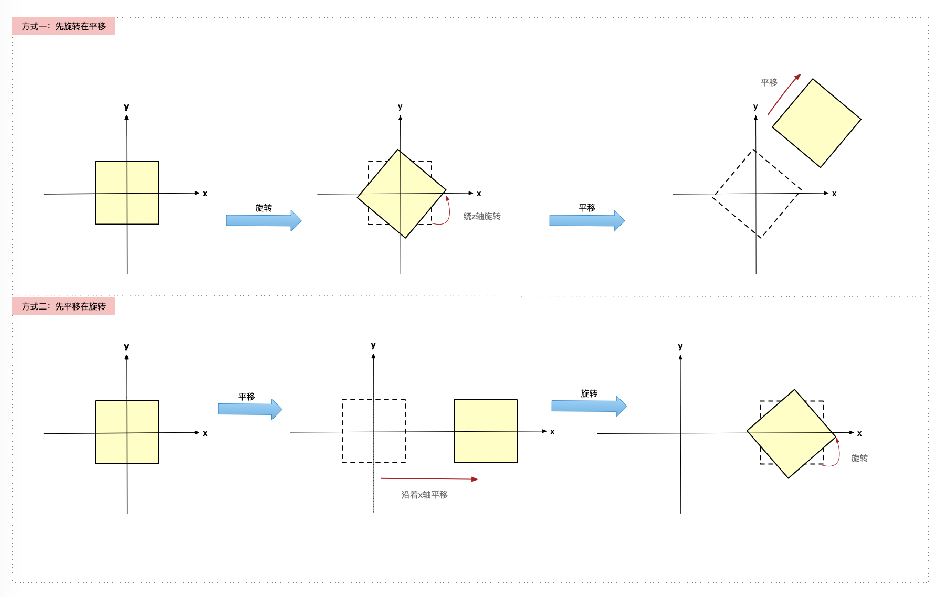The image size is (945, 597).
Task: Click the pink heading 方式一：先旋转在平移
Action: (x=64, y=26)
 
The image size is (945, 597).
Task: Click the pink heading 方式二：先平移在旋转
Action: (x=64, y=306)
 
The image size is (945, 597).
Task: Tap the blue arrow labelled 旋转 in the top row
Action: (x=264, y=221)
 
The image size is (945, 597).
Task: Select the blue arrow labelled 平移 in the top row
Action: (x=587, y=221)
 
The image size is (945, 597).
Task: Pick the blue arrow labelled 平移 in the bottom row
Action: (x=250, y=409)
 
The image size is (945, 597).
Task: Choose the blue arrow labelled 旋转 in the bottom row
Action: (x=589, y=406)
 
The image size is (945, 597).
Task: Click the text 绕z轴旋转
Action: (x=482, y=216)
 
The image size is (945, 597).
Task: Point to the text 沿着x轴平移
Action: (x=425, y=495)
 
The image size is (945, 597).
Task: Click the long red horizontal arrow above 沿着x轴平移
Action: (x=429, y=479)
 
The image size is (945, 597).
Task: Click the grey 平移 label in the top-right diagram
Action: (x=769, y=82)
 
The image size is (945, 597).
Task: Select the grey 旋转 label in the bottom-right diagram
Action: (x=859, y=458)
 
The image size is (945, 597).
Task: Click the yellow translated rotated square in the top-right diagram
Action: (x=816, y=123)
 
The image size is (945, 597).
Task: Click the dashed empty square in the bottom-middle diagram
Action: (x=342, y=431)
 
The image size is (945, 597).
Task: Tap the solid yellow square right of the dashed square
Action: (x=486, y=431)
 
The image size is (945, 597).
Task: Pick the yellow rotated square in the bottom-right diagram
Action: (x=791, y=434)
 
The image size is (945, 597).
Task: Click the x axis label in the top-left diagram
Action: (x=205, y=194)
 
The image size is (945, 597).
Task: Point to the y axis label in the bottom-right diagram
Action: (x=680, y=346)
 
